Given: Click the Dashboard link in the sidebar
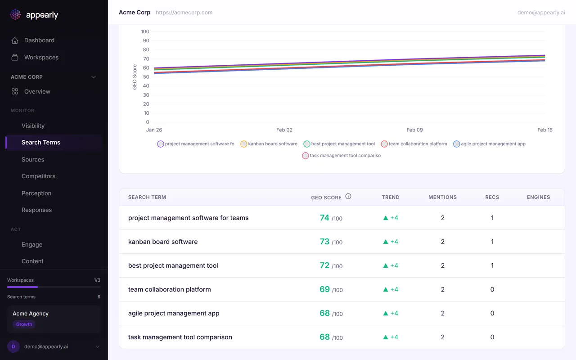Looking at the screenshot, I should click(x=39, y=40).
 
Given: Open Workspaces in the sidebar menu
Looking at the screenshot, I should click(x=41, y=58).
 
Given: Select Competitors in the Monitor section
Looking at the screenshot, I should click(x=38, y=176).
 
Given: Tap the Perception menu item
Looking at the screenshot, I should click(x=36, y=193).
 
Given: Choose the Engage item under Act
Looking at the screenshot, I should click(x=31, y=245).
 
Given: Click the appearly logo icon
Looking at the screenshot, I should click(x=15, y=15).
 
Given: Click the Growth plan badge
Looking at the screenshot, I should click(x=24, y=324).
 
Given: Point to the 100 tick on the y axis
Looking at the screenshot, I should click(x=145, y=32).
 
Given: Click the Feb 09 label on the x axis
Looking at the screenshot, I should click(x=414, y=130).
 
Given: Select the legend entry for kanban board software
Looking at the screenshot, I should click(x=269, y=144).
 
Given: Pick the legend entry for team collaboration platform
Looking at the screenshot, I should click(x=414, y=144).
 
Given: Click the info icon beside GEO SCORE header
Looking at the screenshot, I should click(x=348, y=197).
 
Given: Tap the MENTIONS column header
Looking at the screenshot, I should click(x=442, y=197).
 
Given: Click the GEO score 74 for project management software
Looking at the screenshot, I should click(x=324, y=218).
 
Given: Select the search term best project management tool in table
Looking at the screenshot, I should click(x=173, y=265).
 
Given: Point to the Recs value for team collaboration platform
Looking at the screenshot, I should click(x=492, y=289).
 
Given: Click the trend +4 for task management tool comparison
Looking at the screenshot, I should click(x=391, y=337).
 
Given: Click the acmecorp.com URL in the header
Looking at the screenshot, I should click(x=184, y=13).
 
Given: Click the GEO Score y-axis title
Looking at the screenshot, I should click(x=135, y=77).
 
